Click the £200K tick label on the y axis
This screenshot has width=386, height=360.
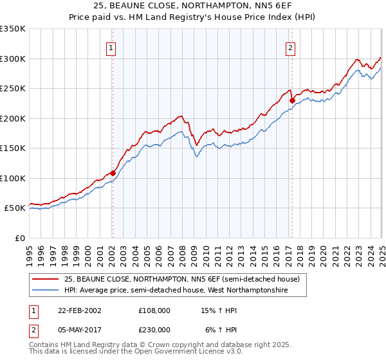tap(13, 118)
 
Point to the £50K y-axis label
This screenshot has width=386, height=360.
tap(15, 208)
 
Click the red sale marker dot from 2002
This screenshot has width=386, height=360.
tap(113, 173)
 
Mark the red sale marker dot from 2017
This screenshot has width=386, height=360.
tap(291, 100)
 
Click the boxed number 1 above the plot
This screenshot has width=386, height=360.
tap(111, 47)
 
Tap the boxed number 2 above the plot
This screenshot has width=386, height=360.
tap(291, 47)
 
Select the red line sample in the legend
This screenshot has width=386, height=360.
tap(45, 280)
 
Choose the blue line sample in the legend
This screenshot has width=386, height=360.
tap(45, 291)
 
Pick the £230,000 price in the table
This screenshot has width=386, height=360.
tap(154, 330)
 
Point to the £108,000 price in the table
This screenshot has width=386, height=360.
tap(154, 310)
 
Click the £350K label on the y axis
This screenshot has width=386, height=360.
tap(13, 29)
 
